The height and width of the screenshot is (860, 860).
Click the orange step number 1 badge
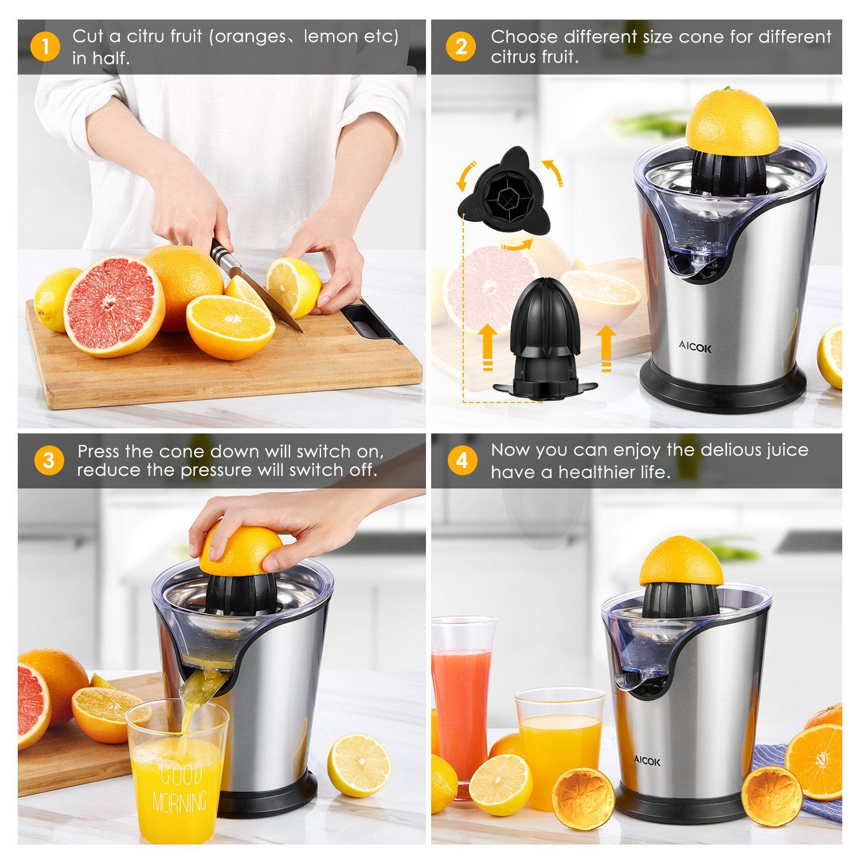click(x=45, y=46)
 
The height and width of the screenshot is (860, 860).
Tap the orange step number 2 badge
click(x=461, y=46)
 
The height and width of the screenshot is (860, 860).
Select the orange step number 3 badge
click(x=49, y=460)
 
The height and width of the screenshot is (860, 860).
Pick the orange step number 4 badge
click(x=462, y=460)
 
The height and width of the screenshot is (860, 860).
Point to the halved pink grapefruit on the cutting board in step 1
click(x=114, y=306)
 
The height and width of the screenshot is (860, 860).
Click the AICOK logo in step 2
click(x=695, y=347)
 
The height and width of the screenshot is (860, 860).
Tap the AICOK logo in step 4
click(x=647, y=761)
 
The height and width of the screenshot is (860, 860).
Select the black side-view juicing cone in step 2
click(x=545, y=338)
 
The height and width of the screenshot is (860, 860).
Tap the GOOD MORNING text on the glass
click(x=180, y=789)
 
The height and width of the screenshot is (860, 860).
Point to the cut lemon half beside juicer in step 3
click(x=359, y=765)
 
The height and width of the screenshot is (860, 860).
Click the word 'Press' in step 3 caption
click(x=98, y=451)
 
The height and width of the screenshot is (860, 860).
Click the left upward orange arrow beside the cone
click(x=487, y=347)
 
